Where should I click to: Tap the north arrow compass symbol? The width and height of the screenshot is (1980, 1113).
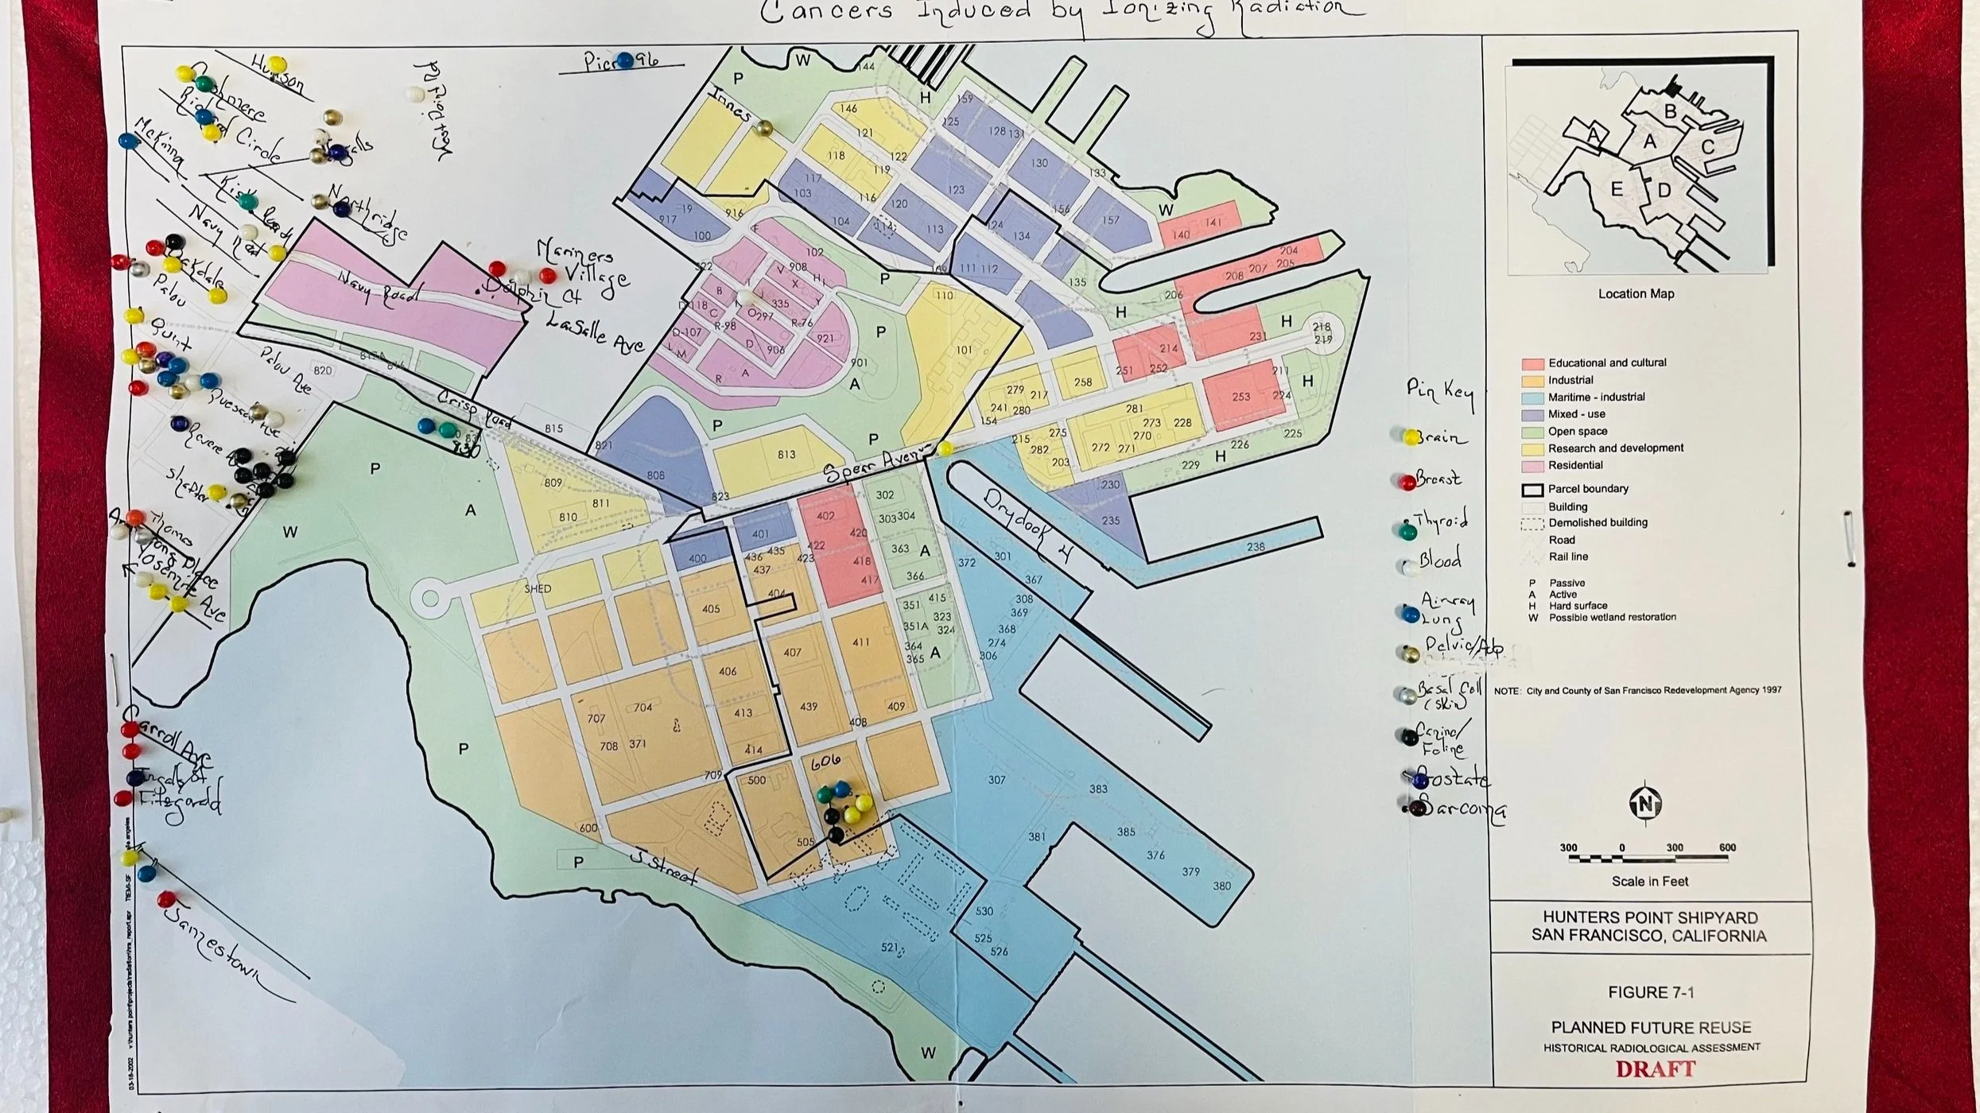point(1644,805)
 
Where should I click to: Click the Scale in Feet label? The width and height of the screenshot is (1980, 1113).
point(1649,881)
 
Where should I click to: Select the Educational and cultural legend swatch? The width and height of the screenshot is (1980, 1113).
point(1532,363)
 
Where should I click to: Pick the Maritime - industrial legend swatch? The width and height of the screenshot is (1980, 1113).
point(1532,397)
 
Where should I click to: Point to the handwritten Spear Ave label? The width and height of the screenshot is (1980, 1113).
point(875,464)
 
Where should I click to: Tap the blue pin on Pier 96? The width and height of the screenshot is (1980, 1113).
point(625,60)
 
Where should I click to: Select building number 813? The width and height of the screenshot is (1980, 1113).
point(786,455)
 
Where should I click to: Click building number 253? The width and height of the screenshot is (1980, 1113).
point(1240,396)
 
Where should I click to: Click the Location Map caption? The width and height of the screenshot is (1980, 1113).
point(1636,293)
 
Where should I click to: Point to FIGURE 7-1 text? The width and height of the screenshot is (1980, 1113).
point(1650,992)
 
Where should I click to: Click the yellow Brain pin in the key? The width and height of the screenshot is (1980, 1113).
point(1411,436)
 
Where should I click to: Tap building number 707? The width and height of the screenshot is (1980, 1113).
point(596,719)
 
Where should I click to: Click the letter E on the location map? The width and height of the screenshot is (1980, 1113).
point(1616,189)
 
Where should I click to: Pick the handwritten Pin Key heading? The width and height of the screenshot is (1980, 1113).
point(1439,391)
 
